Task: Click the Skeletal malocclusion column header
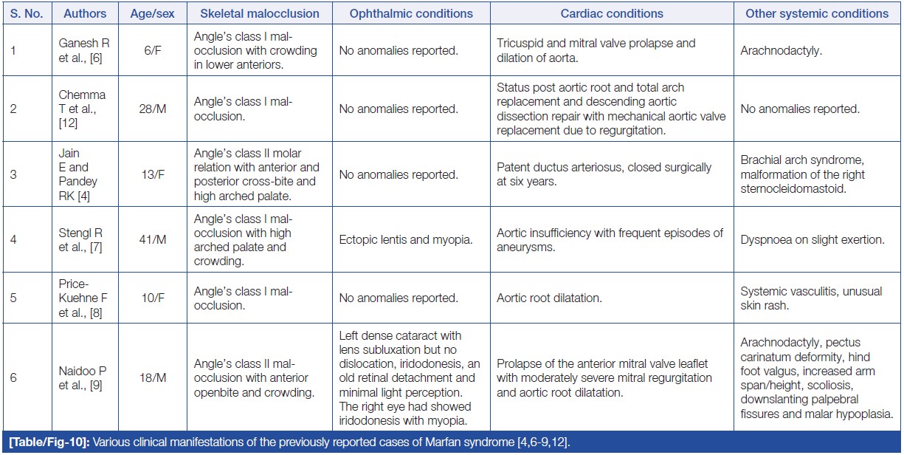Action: pos(260,13)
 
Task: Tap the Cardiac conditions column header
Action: pos(612,13)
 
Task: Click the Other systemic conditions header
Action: pos(817,13)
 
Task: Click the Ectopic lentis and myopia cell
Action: pos(406,240)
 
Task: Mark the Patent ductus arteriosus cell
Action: pos(604,174)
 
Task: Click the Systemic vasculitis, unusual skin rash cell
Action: pos(811,298)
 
